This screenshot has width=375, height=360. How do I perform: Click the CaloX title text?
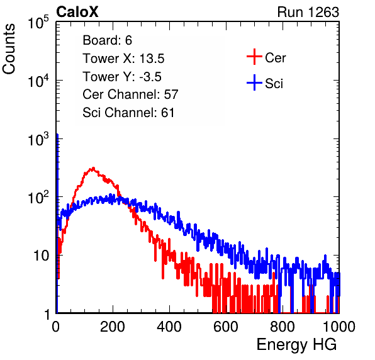tap(77, 12)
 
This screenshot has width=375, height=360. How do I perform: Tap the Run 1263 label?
tap(308, 12)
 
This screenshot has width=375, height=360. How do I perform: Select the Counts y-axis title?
tap(9, 49)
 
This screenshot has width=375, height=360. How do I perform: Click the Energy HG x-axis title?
tap(296, 345)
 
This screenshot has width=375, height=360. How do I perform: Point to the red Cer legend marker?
tap(254, 57)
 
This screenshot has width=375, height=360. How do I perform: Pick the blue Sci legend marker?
tap(254, 82)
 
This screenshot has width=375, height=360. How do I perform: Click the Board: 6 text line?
tap(107, 40)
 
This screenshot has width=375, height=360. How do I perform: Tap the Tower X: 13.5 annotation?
tap(123, 59)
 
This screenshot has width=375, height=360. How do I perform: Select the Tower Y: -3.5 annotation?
tap(122, 77)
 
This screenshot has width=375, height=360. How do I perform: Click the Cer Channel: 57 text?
tap(130, 94)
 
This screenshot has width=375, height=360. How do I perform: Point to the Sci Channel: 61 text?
tap(128, 112)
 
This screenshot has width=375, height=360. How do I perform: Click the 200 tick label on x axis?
tap(113, 327)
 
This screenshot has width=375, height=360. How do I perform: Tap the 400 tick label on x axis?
tap(169, 327)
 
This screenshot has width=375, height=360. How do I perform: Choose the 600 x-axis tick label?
tap(226, 327)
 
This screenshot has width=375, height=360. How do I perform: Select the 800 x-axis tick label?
tap(283, 327)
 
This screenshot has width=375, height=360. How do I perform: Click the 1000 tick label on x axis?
tap(339, 327)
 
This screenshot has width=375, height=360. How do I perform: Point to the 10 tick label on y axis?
tap(41, 256)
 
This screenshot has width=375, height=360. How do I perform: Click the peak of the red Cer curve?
tap(93, 168)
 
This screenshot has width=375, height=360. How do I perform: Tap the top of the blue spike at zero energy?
tap(57, 135)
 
